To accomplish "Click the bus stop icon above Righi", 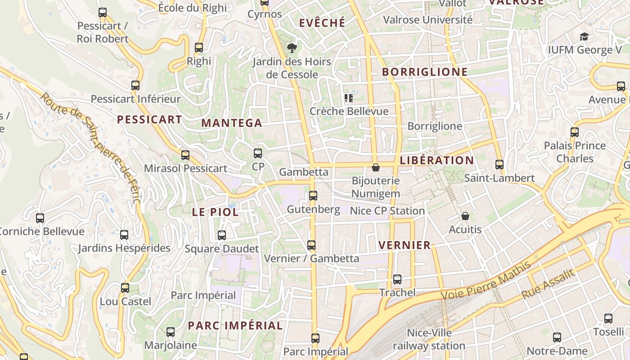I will coord(198,48).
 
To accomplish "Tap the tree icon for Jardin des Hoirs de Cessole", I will coord(292,48).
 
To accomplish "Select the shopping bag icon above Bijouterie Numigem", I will coord(376,168).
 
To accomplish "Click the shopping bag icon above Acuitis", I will coord(465,216).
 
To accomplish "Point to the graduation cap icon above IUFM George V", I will coord(584,37).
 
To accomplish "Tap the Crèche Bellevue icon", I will coord(348,98).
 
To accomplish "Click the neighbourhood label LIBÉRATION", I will coord(436,160).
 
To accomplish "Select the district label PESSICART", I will coord(149,120).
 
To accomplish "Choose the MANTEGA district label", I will coord(231,123).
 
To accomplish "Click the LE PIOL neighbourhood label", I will coord(215,212).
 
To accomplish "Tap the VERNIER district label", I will coord(405,245).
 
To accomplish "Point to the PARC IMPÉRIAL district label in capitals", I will coord(235,325).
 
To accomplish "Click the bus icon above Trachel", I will coord(397,279).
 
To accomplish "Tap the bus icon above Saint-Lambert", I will coord(499,165).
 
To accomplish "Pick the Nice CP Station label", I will coord(387,211).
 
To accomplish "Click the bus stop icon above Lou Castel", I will coord(125,288).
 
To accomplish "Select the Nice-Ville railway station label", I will coord(429,339).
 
